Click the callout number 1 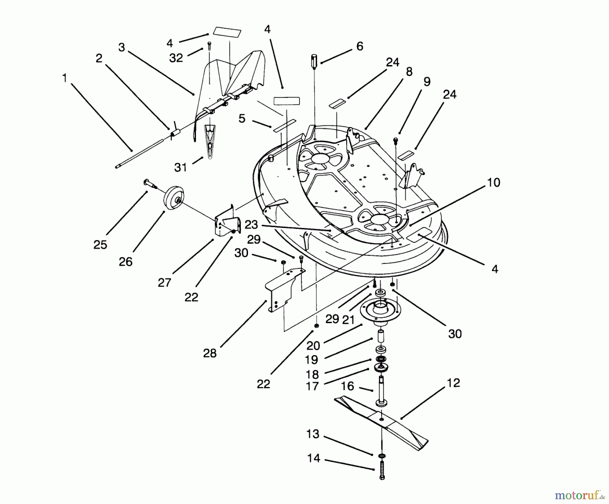[x=65, y=78]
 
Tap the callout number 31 [x=181, y=167]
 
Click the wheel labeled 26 [x=172, y=200]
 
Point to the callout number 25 [x=100, y=245]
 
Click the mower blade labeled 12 [x=382, y=420]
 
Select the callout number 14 [x=314, y=458]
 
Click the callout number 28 [x=210, y=353]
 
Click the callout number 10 [x=494, y=183]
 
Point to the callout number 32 [x=176, y=58]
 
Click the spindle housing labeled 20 [x=381, y=312]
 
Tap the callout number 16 [x=347, y=386]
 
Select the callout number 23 [x=251, y=225]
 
